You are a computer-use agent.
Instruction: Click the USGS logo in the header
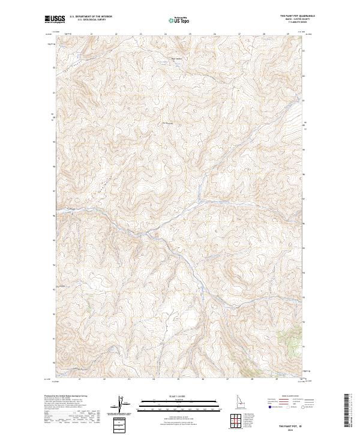click(x=56, y=19)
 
